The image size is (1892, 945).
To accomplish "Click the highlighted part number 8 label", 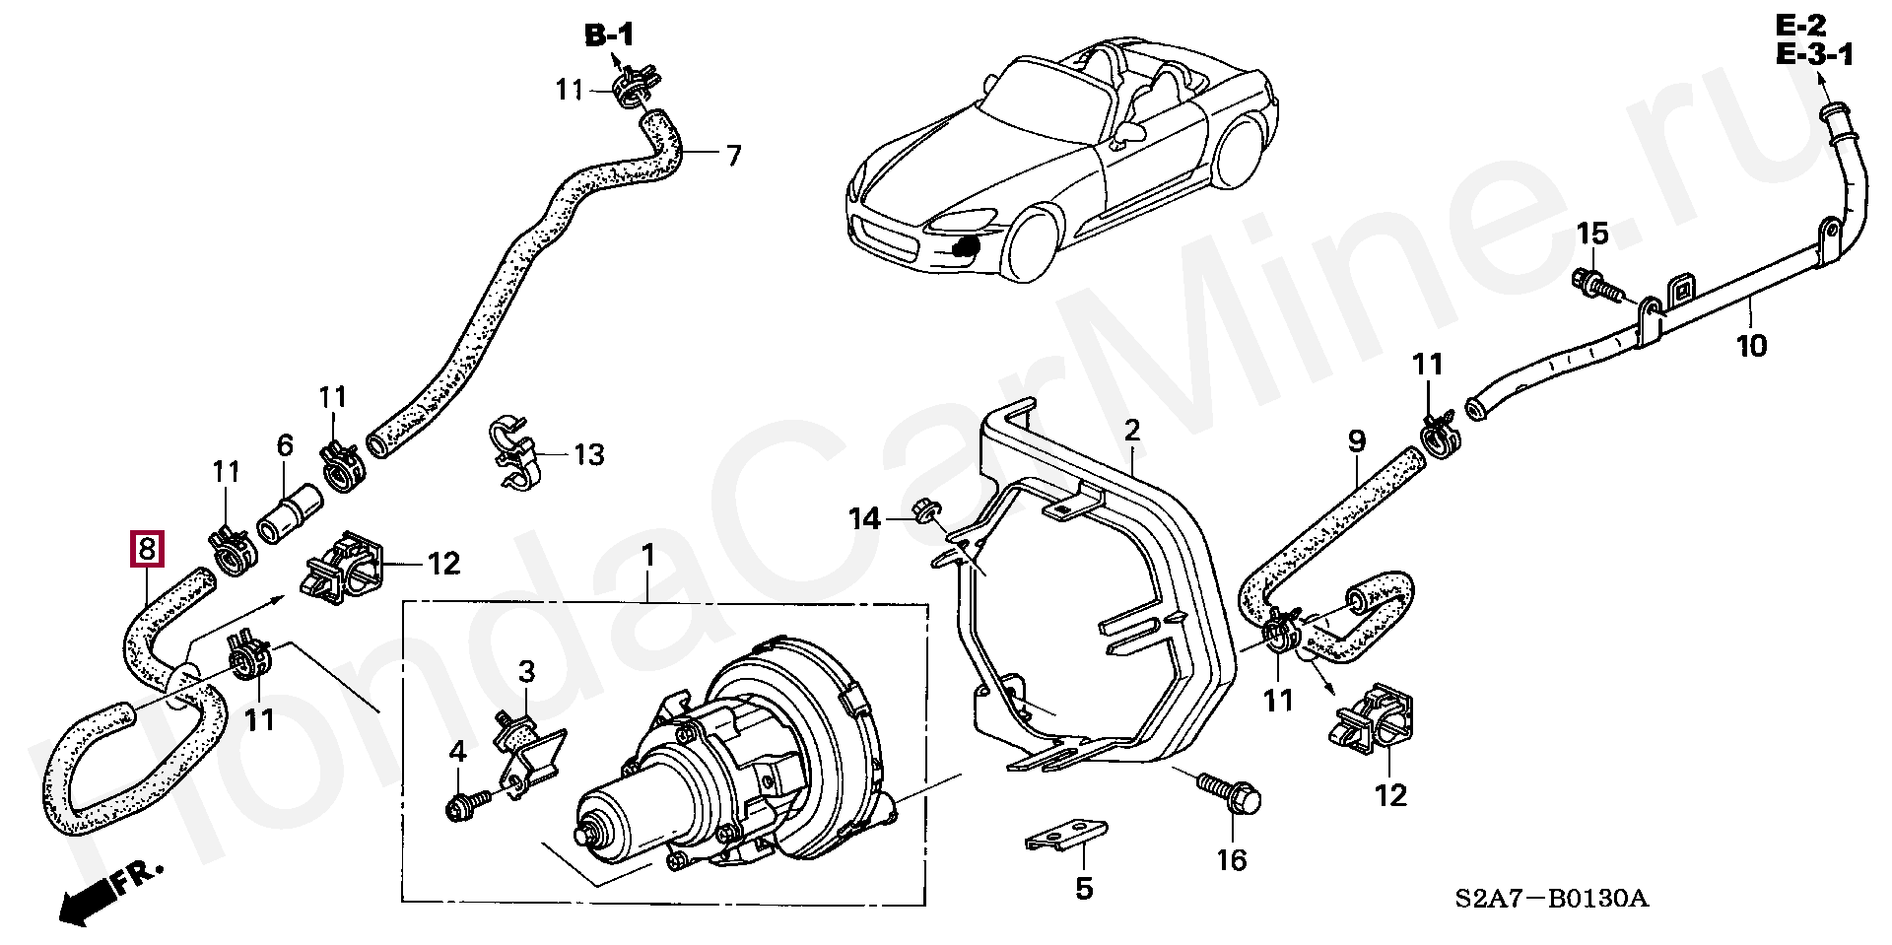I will [146, 549].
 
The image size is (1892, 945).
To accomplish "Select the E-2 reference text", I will [1802, 26].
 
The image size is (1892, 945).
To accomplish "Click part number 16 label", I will [1232, 860].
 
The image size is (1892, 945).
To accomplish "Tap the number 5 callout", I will [1084, 889].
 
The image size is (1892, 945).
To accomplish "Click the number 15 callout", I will [1592, 234].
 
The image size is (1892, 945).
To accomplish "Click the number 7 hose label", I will [733, 156].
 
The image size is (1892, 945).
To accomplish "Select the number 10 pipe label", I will [1751, 346].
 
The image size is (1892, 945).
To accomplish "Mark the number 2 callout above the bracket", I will [1131, 430].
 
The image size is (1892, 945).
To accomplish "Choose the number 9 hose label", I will [1356, 440].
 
